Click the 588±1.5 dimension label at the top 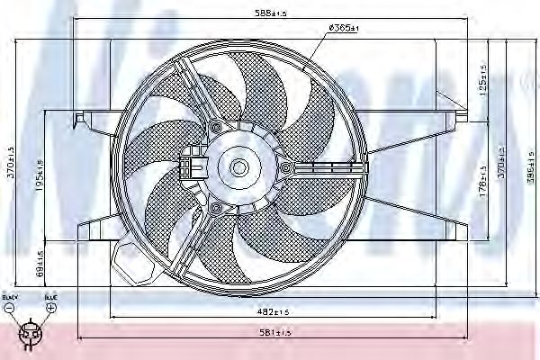[271, 13]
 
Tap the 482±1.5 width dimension [271, 312]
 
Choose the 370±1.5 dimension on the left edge [9, 166]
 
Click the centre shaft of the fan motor [239, 166]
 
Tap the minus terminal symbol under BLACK [9, 308]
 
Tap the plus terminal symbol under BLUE [50, 308]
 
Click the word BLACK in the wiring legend [9, 296]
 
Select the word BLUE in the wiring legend [50, 296]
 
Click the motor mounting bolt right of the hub [286, 168]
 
